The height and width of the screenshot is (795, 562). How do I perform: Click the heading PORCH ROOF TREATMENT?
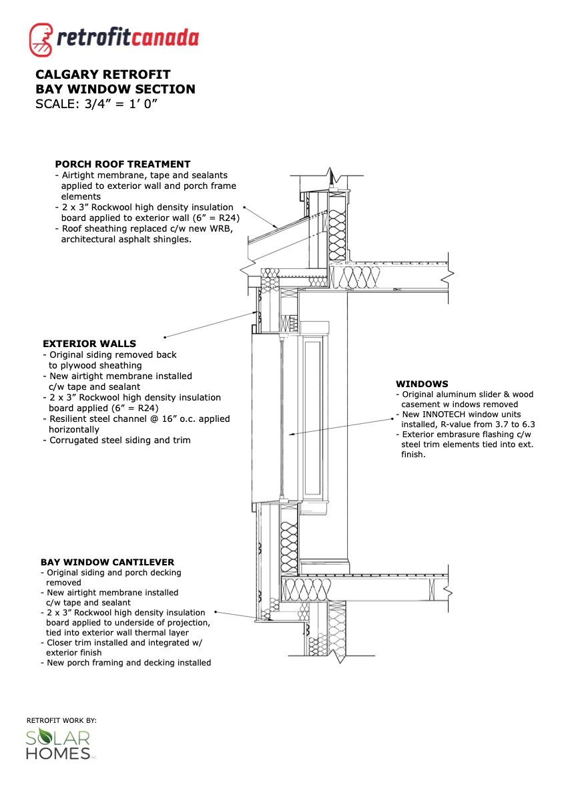(122, 164)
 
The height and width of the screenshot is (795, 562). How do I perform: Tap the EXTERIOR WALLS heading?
(89, 344)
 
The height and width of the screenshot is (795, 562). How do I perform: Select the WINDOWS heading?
(422, 384)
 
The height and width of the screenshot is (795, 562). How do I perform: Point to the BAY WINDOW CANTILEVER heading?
(108, 562)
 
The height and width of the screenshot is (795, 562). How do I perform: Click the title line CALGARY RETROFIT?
(103, 74)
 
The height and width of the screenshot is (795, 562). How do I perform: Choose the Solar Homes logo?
(59, 745)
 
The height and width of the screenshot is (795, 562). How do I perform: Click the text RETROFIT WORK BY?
(61, 720)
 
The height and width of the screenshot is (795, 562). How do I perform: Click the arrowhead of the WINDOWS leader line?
(290, 435)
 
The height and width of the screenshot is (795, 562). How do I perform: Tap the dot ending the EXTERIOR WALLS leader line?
(165, 336)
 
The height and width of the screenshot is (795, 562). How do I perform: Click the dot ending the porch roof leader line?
(244, 208)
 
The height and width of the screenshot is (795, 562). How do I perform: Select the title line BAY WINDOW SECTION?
(115, 89)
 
